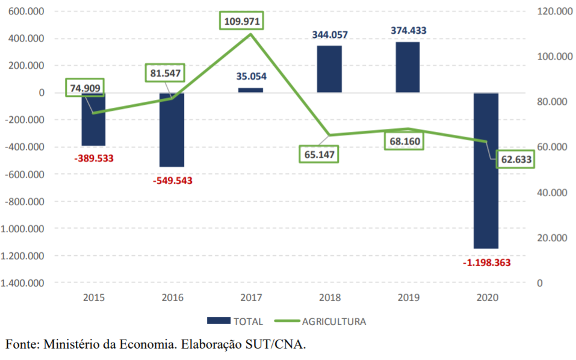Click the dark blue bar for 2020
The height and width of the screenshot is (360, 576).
[486, 170]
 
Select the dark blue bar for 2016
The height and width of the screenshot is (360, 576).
[172, 129]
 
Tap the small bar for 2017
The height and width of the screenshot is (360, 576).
[250, 90]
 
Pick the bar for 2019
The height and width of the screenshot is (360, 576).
[407, 67]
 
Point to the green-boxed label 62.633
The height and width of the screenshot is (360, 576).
[515, 160]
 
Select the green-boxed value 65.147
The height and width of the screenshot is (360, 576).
[320, 154]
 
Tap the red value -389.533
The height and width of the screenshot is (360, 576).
[94, 158]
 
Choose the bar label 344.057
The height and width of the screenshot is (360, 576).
[330, 34]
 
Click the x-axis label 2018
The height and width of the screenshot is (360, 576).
[329, 297]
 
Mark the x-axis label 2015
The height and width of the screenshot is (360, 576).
[94, 297]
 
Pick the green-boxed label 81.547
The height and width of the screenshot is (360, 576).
[165, 73]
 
